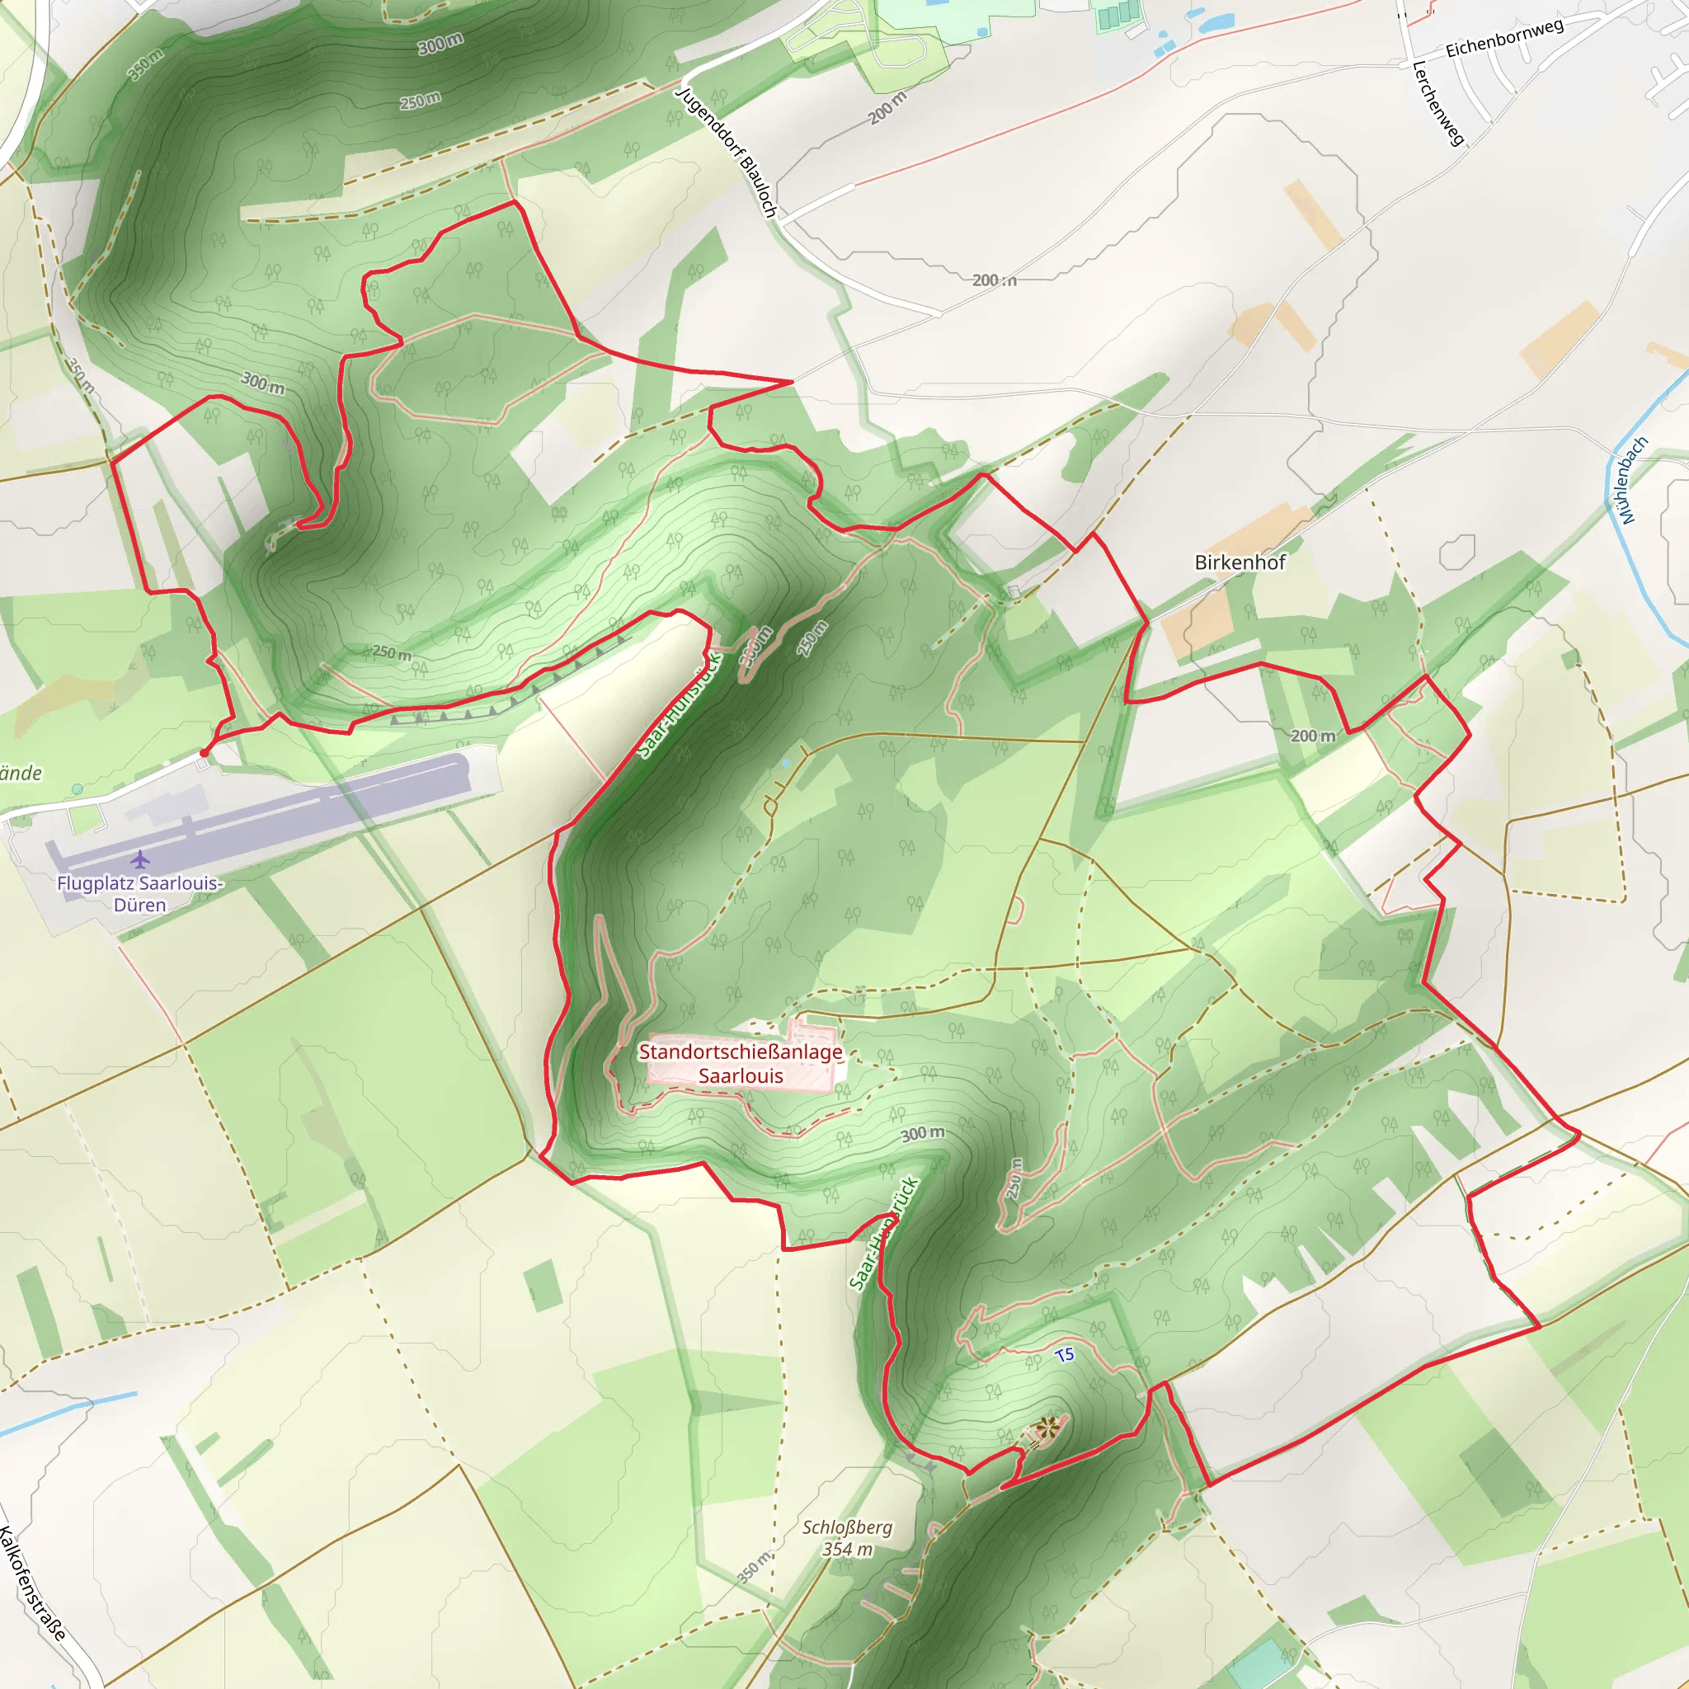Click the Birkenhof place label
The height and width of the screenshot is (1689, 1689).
[x=1240, y=562]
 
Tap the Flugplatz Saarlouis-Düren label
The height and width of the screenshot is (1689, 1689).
[x=140, y=893]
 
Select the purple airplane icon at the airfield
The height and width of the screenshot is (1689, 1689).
[x=140, y=860]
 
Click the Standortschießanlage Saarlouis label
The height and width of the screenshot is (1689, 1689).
[x=741, y=1063]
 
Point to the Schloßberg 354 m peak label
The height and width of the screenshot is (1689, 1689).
[x=847, y=1538]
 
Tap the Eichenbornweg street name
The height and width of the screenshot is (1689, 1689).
[x=1503, y=38]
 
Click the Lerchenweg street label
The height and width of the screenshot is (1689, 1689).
[x=1438, y=103]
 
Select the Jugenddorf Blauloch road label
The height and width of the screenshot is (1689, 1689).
[x=727, y=151]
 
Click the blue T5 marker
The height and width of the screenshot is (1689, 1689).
[x=1064, y=1355]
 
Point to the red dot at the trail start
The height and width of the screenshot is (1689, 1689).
[x=204, y=753]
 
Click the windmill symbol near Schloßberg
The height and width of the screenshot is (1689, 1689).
[x=1046, y=1428]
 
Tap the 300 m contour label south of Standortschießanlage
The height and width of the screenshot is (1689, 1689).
[x=922, y=1134]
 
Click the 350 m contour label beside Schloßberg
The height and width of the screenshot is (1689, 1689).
[x=754, y=1568]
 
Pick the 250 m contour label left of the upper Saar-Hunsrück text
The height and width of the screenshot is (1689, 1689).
[x=392, y=653]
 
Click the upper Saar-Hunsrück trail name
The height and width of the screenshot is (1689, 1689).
[x=680, y=704]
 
